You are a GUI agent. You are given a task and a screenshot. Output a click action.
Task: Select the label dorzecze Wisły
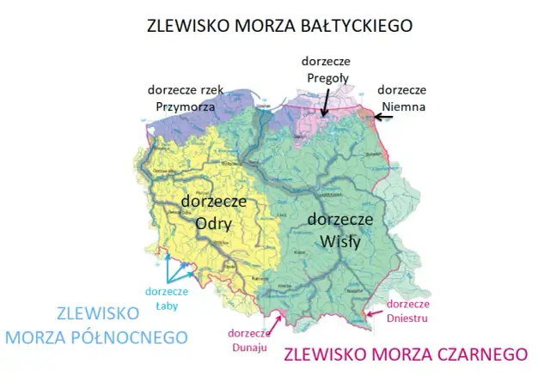(340, 230)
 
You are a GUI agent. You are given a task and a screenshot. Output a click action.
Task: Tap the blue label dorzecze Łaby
(166, 296)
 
